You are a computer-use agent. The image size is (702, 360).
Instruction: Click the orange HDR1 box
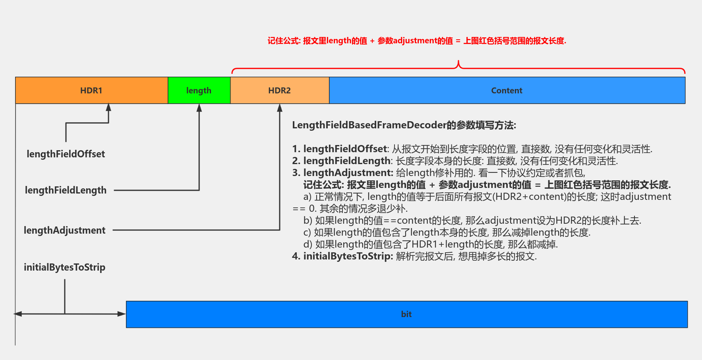pyautogui.click(x=91, y=91)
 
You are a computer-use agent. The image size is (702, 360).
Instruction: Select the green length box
pyautogui.click(x=199, y=91)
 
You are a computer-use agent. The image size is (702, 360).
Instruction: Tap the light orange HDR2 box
pyautogui.click(x=280, y=91)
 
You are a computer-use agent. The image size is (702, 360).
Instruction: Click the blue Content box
pyautogui.click(x=507, y=91)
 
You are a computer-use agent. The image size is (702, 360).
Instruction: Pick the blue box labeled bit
pyautogui.click(x=406, y=314)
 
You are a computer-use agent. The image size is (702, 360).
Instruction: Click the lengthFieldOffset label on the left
pyautogui.click(x=66, y=154)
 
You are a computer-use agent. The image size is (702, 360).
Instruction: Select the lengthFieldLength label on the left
pyautogui.click(x=66, y=190)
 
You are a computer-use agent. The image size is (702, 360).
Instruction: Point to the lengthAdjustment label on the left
pyautogui.click(x=65, y=230)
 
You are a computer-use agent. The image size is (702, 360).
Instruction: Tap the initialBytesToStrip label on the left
pyautogui.click(x=65, y=267)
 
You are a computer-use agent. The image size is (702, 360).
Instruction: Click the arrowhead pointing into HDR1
pyautogui.click(x=108, y=107)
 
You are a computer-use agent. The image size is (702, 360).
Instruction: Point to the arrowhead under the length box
pyautogui.click(x=199, y=108)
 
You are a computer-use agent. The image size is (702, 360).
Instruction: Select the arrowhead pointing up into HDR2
pyautogui.click(x=280, y=108)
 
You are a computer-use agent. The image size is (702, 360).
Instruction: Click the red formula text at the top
pyautogui.click(x=417, y=41)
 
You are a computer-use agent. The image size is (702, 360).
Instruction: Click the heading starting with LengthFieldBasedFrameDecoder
pyautogui.click(x=404, y=125)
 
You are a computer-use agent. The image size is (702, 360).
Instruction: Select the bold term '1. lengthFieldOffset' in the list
pyautogui.click(x=340, y=149)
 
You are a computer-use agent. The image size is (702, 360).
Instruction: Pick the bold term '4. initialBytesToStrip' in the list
pyautogui.click(x=342, y=256)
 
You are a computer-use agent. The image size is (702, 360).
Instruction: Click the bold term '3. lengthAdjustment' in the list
pyautogui.click(x=342, y=173)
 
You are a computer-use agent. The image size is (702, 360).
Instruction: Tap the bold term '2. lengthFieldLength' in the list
pyautogui.click(x=342, y=161)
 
